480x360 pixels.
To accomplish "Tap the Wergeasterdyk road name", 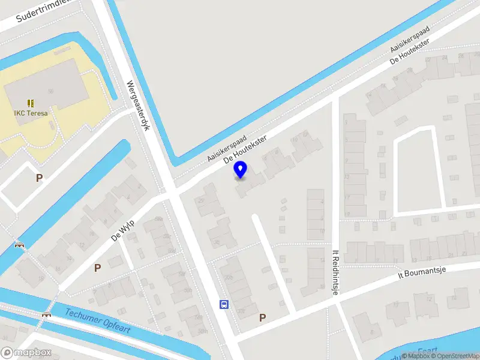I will pyautogui.click(x=137, y=107).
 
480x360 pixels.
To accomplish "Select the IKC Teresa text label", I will pyautogui.click(x=31, y=112).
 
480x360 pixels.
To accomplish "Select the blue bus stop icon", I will pyautogui.click(x=224, y=304).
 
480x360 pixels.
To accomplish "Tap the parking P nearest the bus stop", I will pyautogui.click(x=262, y=317).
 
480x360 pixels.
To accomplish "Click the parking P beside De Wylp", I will pyautogui.click(x=97, y=268).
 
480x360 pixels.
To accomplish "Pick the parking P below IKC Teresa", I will pyautogui.click(x=40, y=178).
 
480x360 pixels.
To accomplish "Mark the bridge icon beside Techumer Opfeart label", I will pyautogui.click(x=46, y=314).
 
